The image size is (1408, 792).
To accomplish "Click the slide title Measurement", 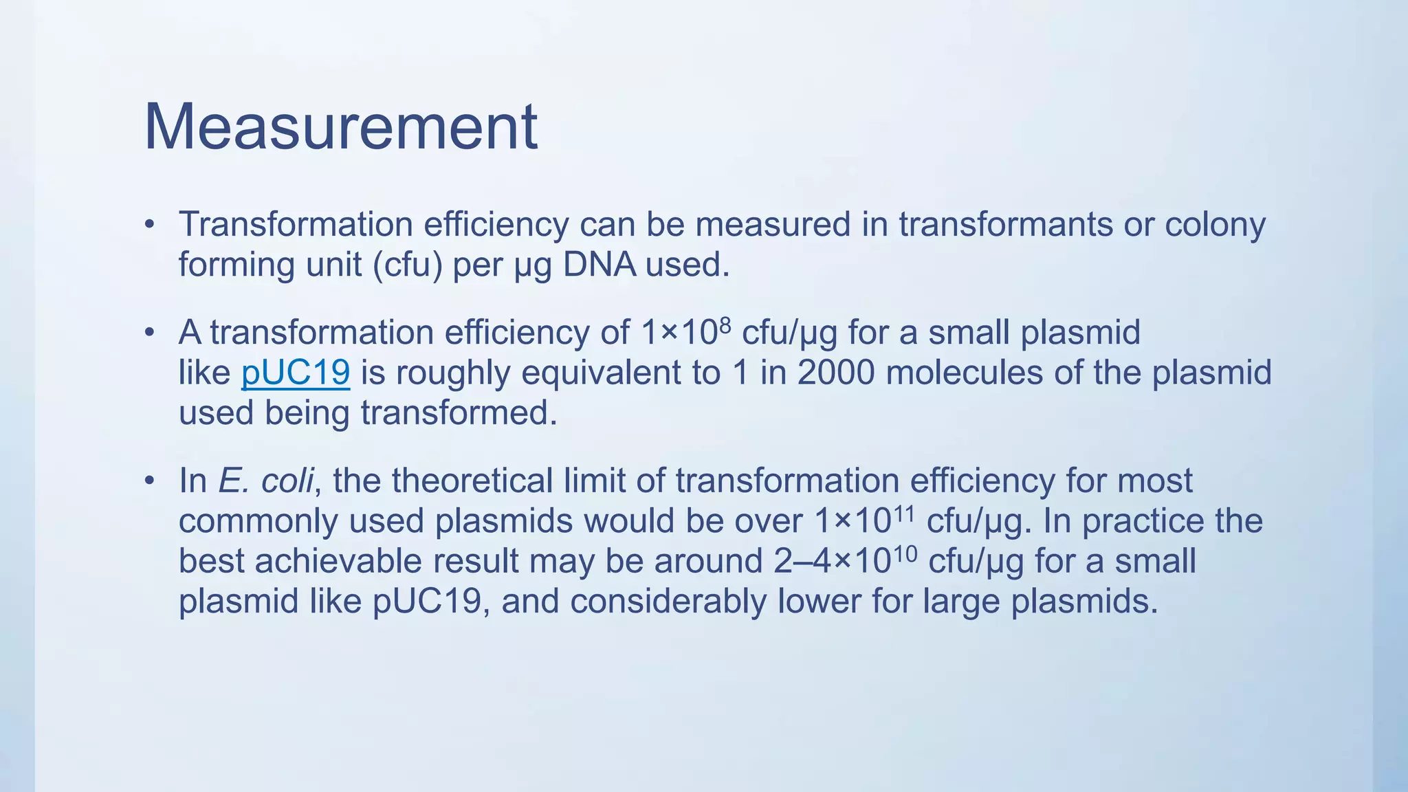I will coord(340,127).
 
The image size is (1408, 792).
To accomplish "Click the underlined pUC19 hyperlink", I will coord(296,373).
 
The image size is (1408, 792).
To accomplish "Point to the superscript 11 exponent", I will coord(903,511).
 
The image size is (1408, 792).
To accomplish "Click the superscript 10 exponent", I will coord(905,552).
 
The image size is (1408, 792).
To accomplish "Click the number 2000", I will coord(836,373).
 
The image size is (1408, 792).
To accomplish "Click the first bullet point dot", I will coord(149,224).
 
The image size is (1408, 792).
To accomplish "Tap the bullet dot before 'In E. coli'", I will coord(149,481).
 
